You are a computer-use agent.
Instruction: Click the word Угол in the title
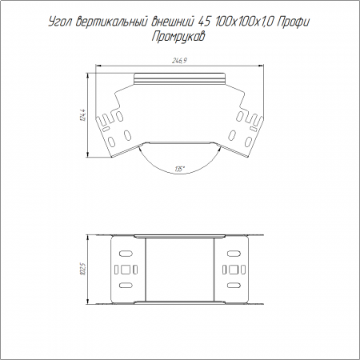60,22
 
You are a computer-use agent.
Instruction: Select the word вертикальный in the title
111,22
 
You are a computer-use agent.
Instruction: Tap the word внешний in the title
172,22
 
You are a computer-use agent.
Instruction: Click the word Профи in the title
293,22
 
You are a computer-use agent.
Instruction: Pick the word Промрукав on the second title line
178,37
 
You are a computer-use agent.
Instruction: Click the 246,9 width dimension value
179,61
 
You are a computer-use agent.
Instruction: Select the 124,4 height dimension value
83,115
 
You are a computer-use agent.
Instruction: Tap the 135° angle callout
180,169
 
